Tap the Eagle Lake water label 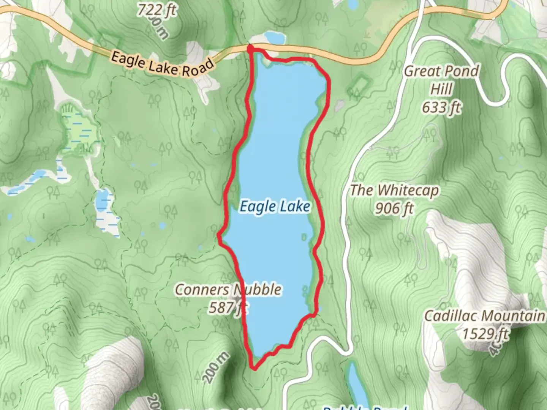pos(275,207)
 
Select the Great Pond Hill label pos(441,80)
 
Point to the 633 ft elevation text pos(441,107)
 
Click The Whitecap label pos(394,190)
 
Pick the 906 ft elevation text pos(394,208)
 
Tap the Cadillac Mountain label pos(484,316)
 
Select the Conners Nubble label pos(228,290)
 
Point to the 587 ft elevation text pos(227,307)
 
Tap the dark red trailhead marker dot pos(250,48)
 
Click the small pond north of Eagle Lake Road pos(274,37)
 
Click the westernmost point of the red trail pos(219,236)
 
